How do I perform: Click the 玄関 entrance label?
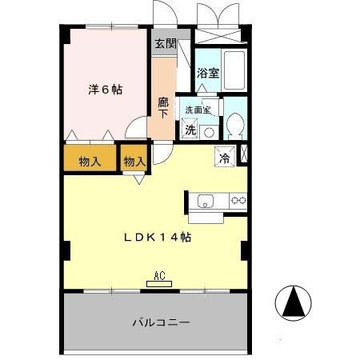(166, 43)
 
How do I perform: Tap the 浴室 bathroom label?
(208, 73)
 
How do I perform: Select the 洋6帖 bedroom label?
(105, 89)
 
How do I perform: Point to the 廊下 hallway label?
(163, 108)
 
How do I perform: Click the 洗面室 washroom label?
(198, 110)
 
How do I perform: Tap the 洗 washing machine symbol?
(190, 129)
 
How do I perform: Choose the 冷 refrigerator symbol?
(225, 157)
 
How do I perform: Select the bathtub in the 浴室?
(234, 70)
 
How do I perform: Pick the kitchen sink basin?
(204, 201)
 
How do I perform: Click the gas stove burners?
(238, 200)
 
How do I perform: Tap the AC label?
(159, 278)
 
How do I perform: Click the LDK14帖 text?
(156, 238)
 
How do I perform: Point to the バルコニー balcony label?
(161, 323)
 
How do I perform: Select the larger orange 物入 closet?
(90, 161)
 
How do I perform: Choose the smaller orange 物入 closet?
(134, 161)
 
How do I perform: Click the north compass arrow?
(293, 302)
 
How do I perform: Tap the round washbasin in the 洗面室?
(209, 131)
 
